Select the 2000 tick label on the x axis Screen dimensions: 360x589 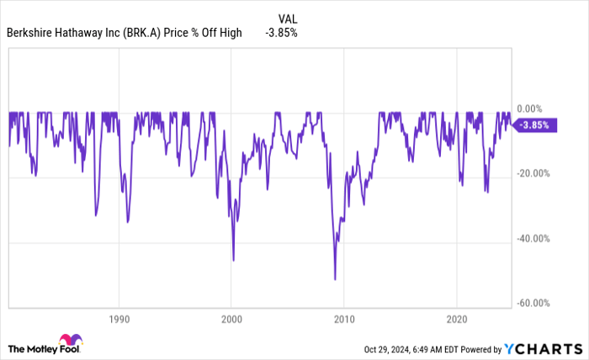[231, 320]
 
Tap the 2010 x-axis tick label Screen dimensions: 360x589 [343, 320]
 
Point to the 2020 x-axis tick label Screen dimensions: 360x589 [456, 320]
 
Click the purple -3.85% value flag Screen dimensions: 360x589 [533, 124]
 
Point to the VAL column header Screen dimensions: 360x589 [287, 17]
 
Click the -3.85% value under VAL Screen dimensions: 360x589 [281, 33]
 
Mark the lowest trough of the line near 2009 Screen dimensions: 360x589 [335, 279]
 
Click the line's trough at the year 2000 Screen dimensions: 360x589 [233, 260]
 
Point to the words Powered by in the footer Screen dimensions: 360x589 [479, 348]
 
